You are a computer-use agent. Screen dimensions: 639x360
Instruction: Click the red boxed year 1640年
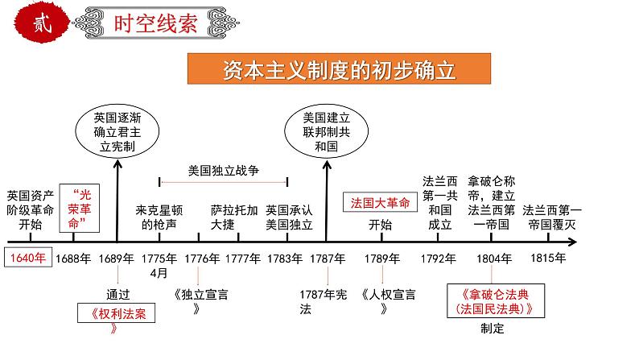click(28, 257)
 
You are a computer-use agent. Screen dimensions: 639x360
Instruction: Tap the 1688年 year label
click(73, 259)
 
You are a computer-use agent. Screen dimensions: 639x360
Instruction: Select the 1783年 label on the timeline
click(285, 259)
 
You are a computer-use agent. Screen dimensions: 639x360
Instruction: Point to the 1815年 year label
click(548, 258)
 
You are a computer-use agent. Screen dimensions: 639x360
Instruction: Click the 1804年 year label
click(494, 259)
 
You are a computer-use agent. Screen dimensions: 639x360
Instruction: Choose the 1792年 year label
click(438, 259)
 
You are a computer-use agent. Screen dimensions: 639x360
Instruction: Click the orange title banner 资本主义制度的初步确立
click(339, 69)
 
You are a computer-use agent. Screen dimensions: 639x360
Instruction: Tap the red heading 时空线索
click(155, 23)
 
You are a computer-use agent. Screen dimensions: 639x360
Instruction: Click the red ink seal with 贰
click(41, 22)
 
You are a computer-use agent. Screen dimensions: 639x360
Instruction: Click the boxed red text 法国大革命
click(380, 203)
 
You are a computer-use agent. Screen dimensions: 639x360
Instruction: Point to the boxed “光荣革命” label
click(80, 209)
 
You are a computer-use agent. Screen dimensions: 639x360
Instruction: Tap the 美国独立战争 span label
click(223, 171)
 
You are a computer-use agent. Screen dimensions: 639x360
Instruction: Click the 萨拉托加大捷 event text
click(234, 217)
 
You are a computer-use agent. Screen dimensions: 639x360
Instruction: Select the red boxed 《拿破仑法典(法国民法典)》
click(496, 301)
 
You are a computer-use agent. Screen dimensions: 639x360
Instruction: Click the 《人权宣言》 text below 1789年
click(389, 301)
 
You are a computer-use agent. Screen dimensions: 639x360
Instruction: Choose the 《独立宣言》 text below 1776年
click(201, 301)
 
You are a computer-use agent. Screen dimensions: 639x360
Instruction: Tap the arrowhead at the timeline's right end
click(573, 242)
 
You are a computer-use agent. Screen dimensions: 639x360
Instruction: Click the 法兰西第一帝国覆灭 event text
click(552, 217)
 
